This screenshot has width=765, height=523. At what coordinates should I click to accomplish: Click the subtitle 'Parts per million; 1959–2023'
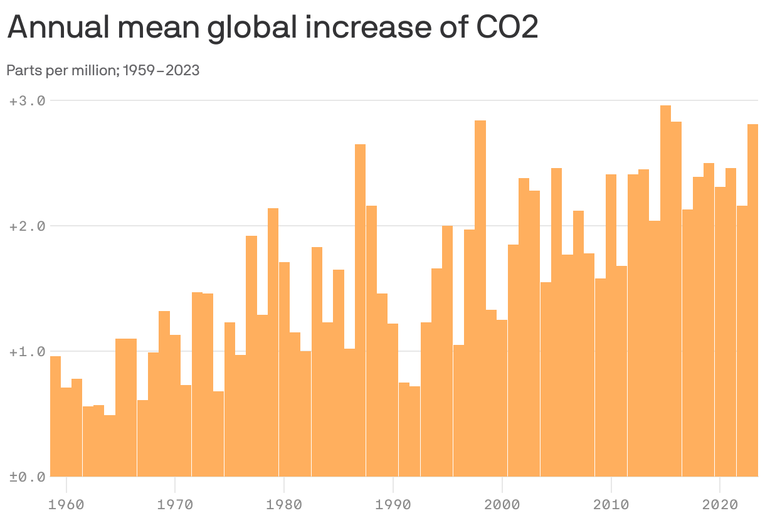point(103,70)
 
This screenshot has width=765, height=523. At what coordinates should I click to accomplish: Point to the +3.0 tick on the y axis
point(28,100)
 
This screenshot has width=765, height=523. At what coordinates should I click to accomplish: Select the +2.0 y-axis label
point(28,226)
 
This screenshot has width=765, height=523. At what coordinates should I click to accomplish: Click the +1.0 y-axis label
point(28,351)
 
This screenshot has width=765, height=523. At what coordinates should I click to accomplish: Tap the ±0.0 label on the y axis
point(28,477)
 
